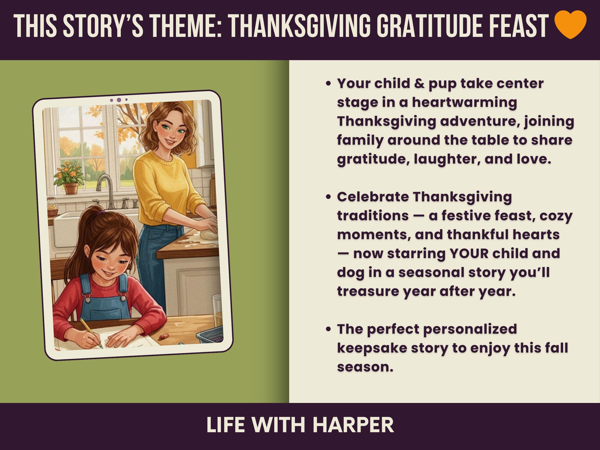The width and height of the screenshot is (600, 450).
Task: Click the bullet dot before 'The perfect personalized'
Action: [329, 330]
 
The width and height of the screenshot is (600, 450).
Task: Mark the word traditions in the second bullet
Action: [373, 216]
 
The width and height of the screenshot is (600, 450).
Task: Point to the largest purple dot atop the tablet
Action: [119, 100]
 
